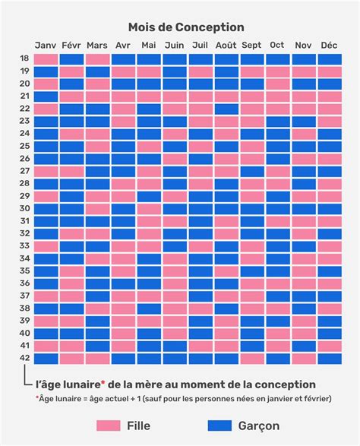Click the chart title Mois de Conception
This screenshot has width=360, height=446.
pos(186,27)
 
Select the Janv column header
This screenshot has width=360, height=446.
pos(46,45)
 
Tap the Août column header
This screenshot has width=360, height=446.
pos(226,45)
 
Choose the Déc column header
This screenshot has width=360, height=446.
pos(329,45)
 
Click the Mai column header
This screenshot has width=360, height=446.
pos(149,45)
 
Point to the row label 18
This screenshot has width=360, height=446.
pos(25,59)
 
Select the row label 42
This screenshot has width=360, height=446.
pos(25,359)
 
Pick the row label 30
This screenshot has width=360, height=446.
pos(25,209)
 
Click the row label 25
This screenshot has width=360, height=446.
pos(25,147)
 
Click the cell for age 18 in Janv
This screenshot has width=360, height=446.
pos(46,59)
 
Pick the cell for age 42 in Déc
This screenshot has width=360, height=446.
pos(329,359)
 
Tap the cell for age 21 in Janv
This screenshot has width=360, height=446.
pos(46,96)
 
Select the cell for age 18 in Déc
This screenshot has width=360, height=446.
pos(329,59)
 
